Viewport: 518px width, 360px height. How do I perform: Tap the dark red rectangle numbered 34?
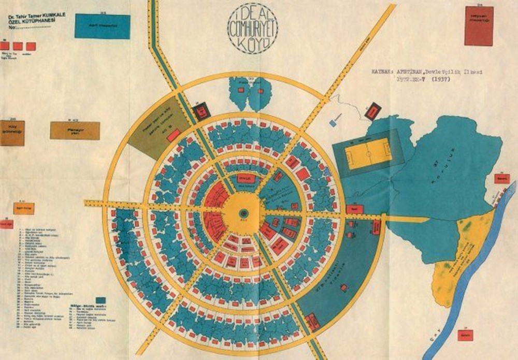click(485, 25)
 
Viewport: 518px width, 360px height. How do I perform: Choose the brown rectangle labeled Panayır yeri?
click(75, 131)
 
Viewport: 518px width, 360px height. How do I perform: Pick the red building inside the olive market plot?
click(175, 135)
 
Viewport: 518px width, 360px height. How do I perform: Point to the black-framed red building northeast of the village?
click(373, 109)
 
